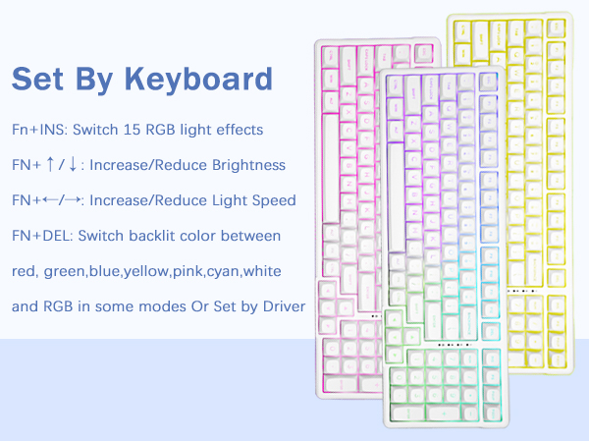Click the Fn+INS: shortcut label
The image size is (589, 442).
(41, 130)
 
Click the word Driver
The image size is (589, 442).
(283, 306)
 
